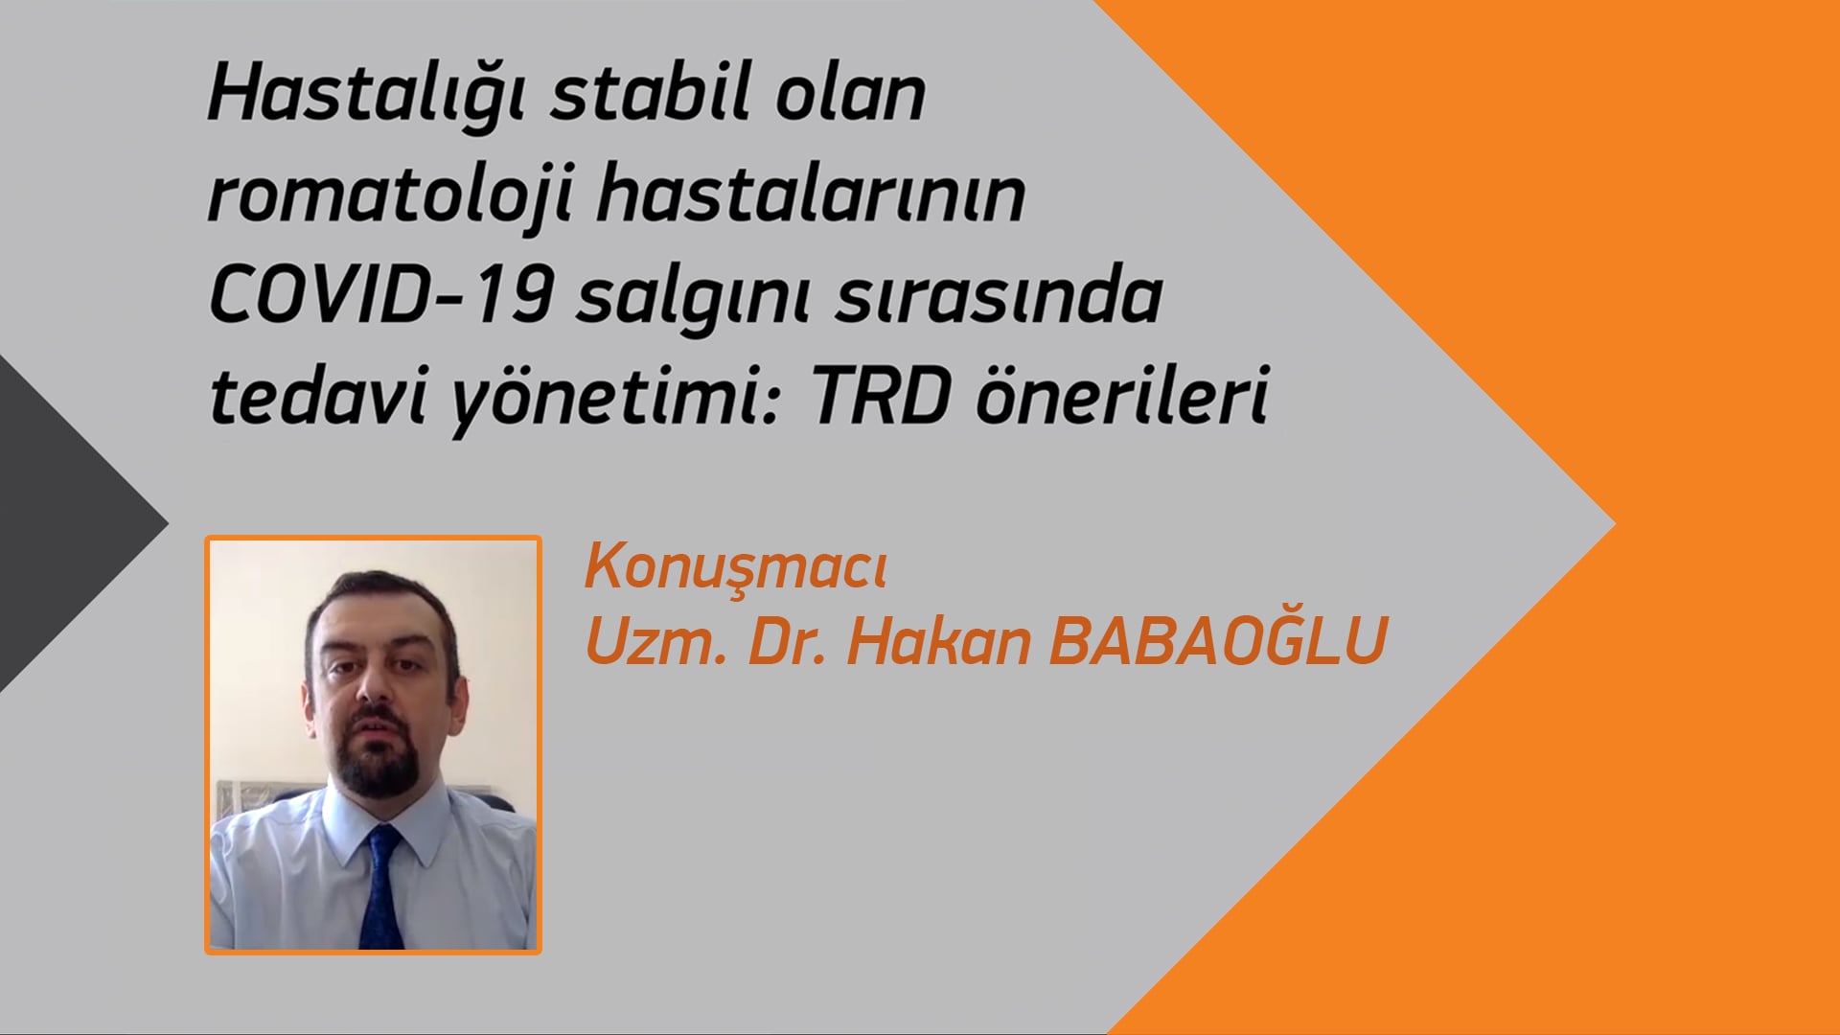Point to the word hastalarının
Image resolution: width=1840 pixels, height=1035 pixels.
coord(811,195)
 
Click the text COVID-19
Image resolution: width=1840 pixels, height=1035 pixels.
coord(380,295)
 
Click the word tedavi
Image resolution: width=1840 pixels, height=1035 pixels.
coord(317,395)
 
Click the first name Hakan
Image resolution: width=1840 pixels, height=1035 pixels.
coord(938,641)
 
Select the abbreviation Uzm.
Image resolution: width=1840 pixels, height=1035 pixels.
coord(655,641)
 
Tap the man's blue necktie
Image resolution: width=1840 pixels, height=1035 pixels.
coord(382,887)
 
